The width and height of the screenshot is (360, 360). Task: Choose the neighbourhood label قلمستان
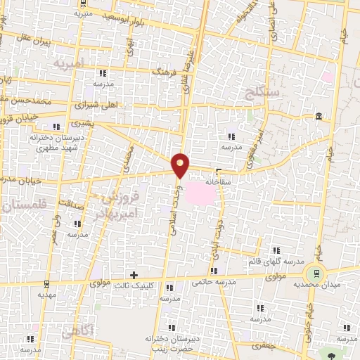click(20, 205)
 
